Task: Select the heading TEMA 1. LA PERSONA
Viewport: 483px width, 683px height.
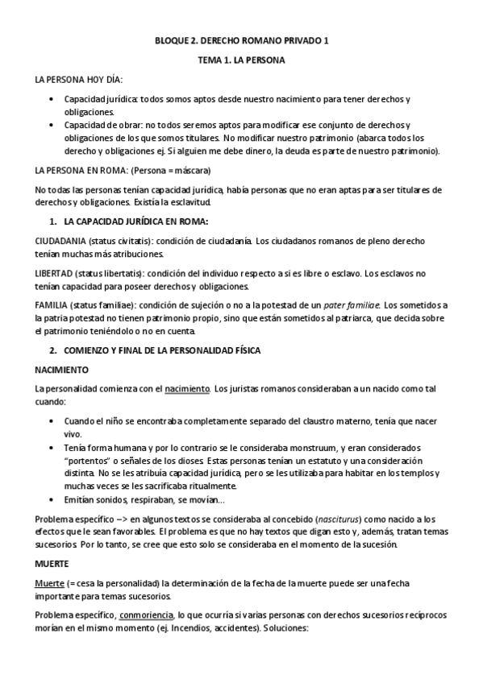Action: [x=241, y=60]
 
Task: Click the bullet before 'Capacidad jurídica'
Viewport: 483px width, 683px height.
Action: [x=52, y=100]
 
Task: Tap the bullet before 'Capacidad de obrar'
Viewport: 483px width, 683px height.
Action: [x=52, y=126]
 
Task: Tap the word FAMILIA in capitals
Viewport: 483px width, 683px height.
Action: [x=51, y=306]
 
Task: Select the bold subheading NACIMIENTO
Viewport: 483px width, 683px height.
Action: [x=61, y=370]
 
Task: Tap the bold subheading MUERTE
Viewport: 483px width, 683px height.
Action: [x=52, y=564]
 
